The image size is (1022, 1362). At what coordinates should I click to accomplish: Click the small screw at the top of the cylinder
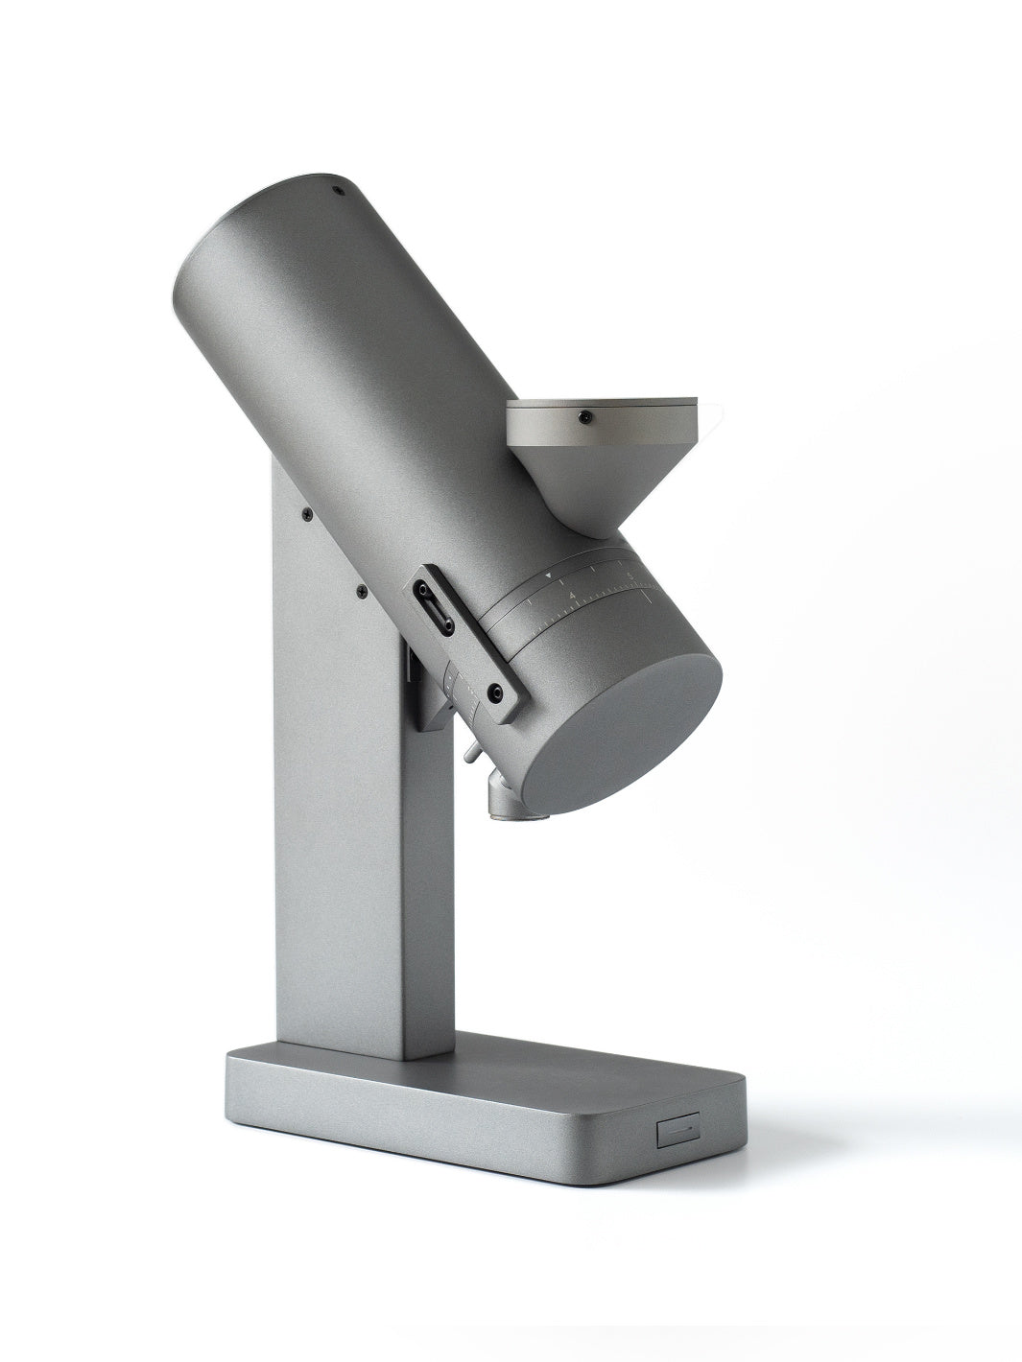click(x=337, y=190)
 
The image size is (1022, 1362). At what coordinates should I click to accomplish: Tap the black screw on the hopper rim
click(x=583, y=416)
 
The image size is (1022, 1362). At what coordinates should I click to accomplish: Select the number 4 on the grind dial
click(x=572, y=596)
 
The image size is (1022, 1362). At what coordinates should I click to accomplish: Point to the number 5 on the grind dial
click(x=629, y=575)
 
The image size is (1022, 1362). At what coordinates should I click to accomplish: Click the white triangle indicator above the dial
click(x=548, y=575)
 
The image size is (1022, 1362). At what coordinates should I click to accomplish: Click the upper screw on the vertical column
click(x=305, y=515)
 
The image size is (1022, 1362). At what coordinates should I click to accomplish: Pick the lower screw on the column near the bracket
click(x=361, y=593)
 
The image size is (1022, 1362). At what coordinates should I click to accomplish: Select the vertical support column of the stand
click(x=345, y=863)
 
